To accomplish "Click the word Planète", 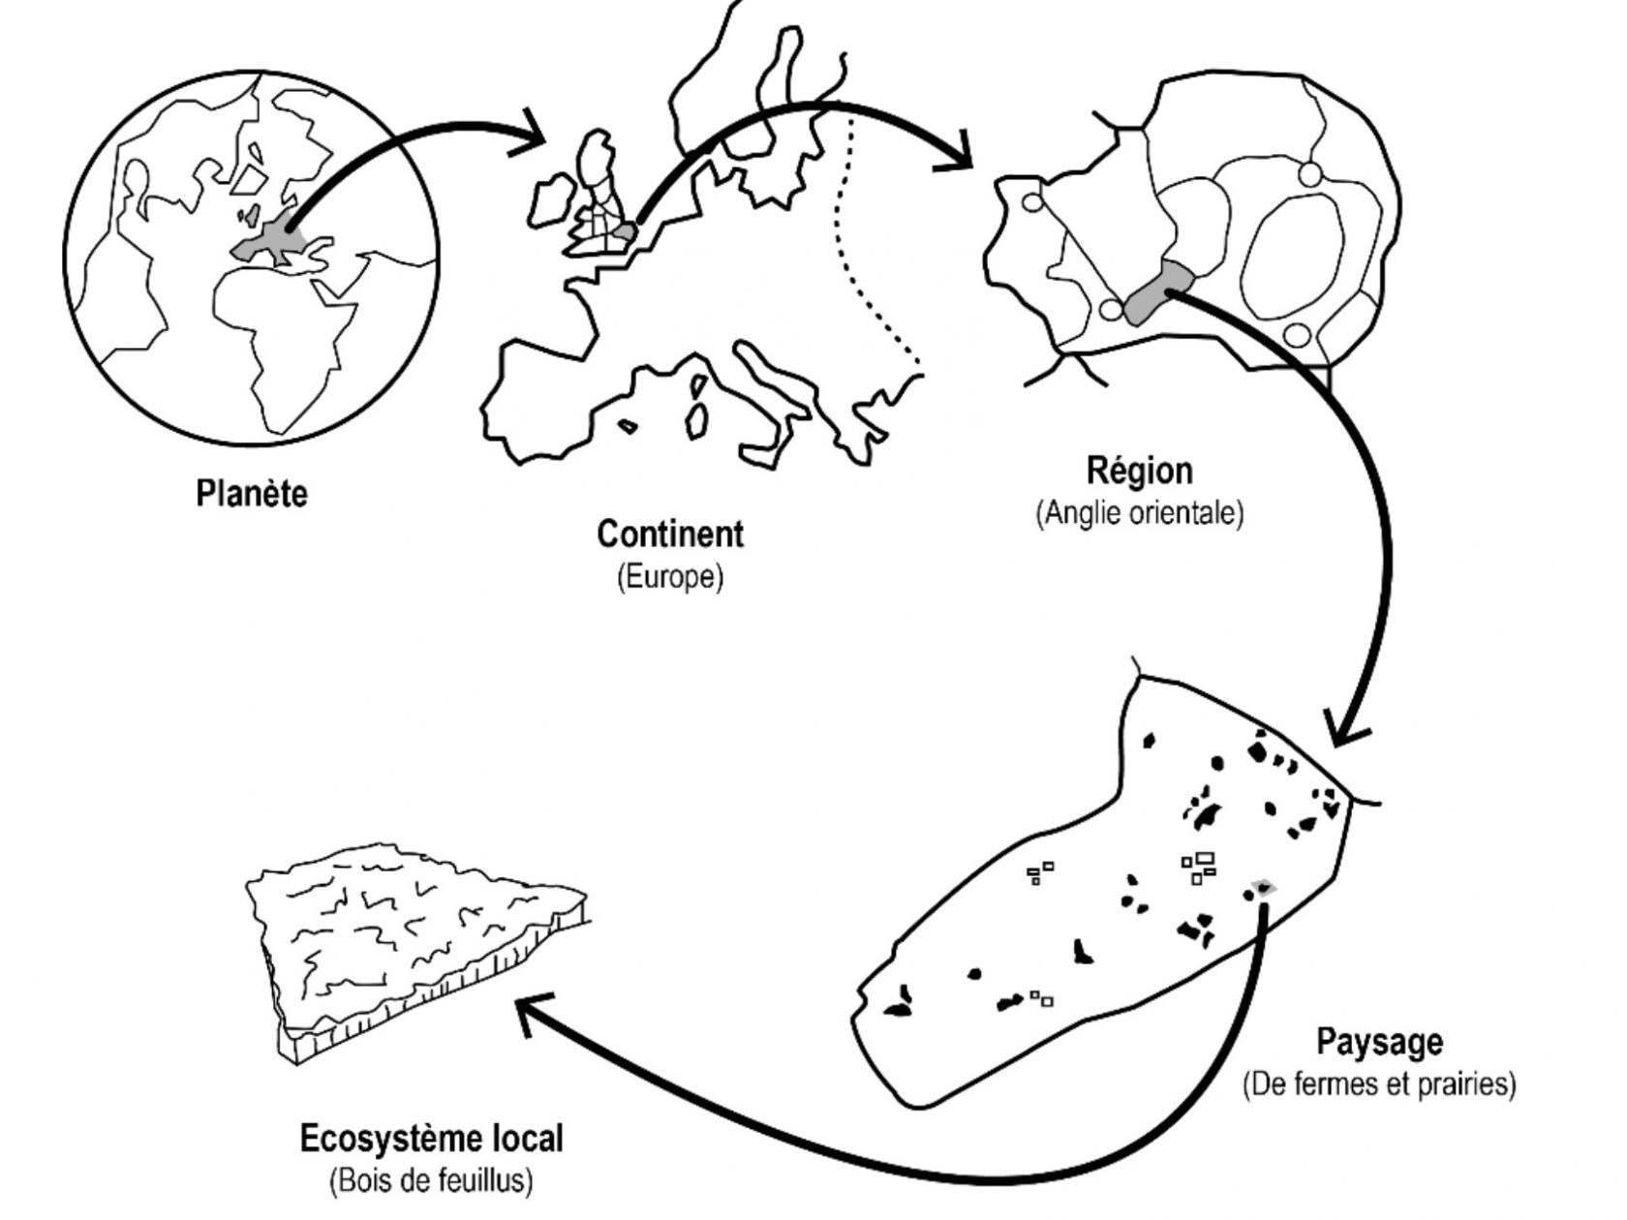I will click(x=252, y=494).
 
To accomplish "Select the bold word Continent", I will click(x=670, y=534).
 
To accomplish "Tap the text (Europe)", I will click(x=670, y=578).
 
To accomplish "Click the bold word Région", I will click(x=1139, y=471).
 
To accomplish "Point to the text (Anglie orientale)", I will click(x=1139, y=512).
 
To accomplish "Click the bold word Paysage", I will click(x=1379, y=1043).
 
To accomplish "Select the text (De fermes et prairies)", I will click(x=1379, y=1083).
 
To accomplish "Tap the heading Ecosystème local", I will click(x=431, y=1139).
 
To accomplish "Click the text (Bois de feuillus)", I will click(x=431, y=1181).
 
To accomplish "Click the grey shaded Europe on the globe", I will click(x=266, y=242).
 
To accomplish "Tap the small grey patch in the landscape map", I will click(x=1262, y=887).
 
